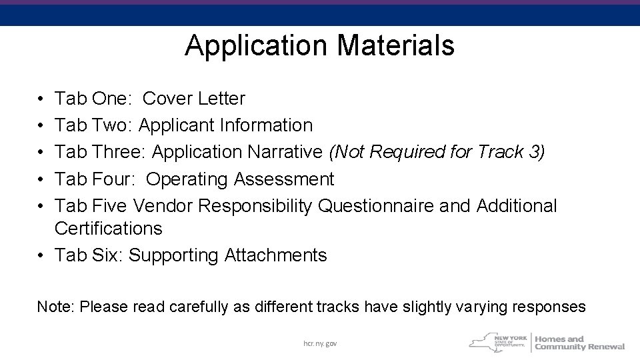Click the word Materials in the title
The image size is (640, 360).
(396, 46)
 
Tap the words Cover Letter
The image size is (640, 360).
(194, 99)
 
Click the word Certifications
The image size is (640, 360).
(109, 229)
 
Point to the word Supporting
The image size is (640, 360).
(173, 255)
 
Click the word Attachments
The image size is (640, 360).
(276, 255)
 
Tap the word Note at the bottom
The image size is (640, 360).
(56, 307)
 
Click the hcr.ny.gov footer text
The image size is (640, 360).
(320, 343)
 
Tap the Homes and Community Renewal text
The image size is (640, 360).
(579, 343)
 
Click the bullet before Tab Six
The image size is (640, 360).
(41, 255)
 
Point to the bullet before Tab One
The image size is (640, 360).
(41, 99)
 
